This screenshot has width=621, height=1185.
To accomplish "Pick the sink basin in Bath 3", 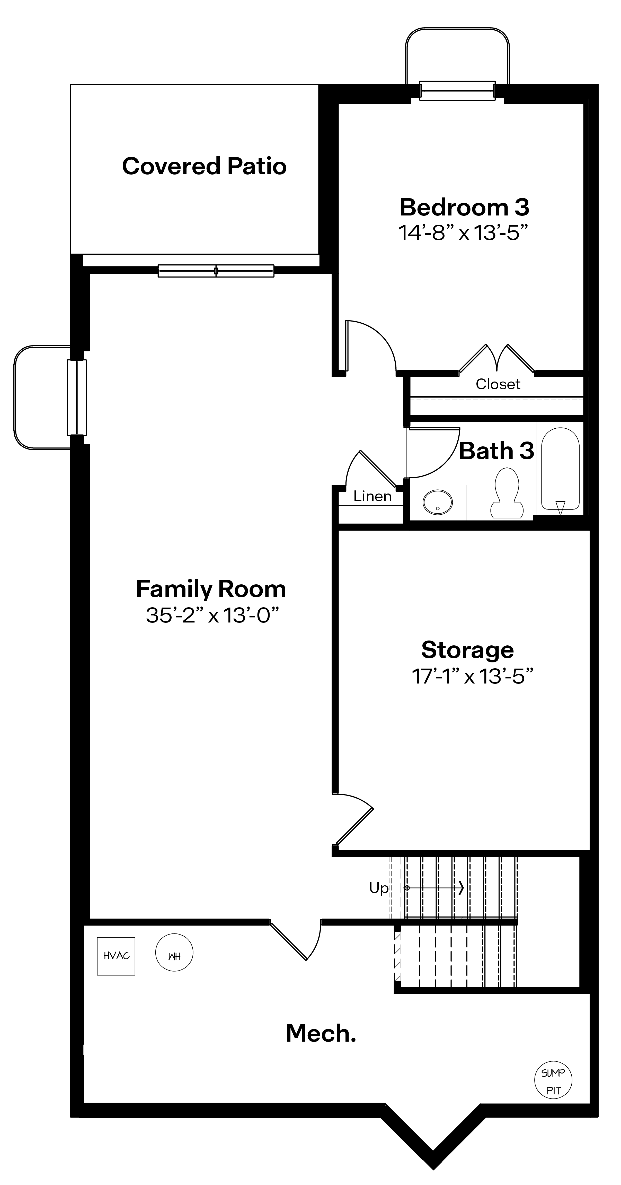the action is point(437,502).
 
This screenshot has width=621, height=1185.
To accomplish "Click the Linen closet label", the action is point(372,496).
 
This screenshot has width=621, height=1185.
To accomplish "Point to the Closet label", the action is point(498,384).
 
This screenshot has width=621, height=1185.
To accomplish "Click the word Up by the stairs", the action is point(379,888).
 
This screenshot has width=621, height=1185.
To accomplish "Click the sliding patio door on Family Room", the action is point(216,271).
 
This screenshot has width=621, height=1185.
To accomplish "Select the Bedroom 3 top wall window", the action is point(457,91).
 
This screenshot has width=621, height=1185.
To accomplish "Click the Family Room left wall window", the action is point(77,397).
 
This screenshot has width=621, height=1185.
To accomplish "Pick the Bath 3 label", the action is point(496,451).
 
